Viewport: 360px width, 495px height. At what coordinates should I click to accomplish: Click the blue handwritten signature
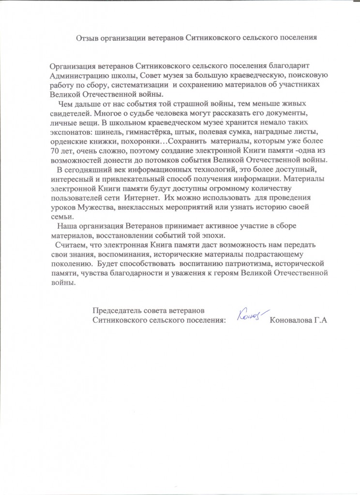(249, 315)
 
